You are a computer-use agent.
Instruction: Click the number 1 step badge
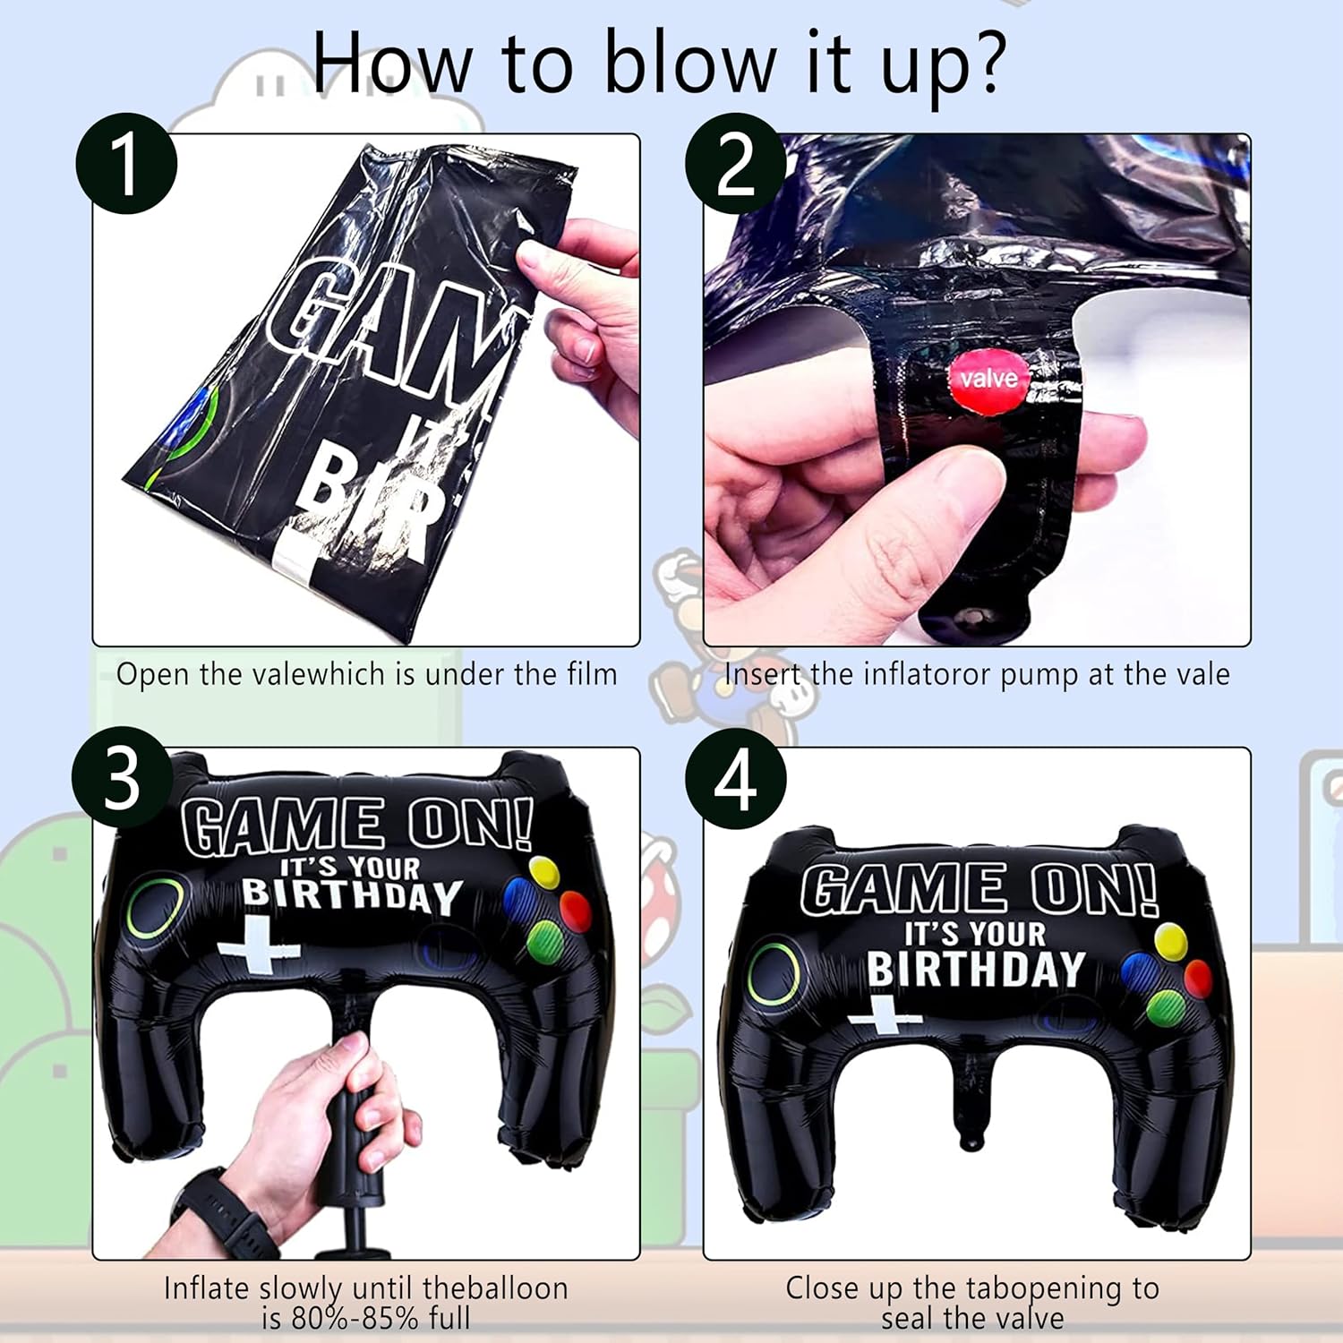(x=125, y=164)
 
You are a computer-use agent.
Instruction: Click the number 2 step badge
(x=736, y=164)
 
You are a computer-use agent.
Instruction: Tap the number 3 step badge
(x=123, y=777)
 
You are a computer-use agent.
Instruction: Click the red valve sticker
(x=988, y=378)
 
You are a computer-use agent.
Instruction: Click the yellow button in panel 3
(x=544, y=873)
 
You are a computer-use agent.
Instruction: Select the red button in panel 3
(x=575, y=909)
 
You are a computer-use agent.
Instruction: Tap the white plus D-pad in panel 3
(x=258, y=945)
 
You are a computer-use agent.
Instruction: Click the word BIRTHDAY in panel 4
(x=976, y=969)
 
